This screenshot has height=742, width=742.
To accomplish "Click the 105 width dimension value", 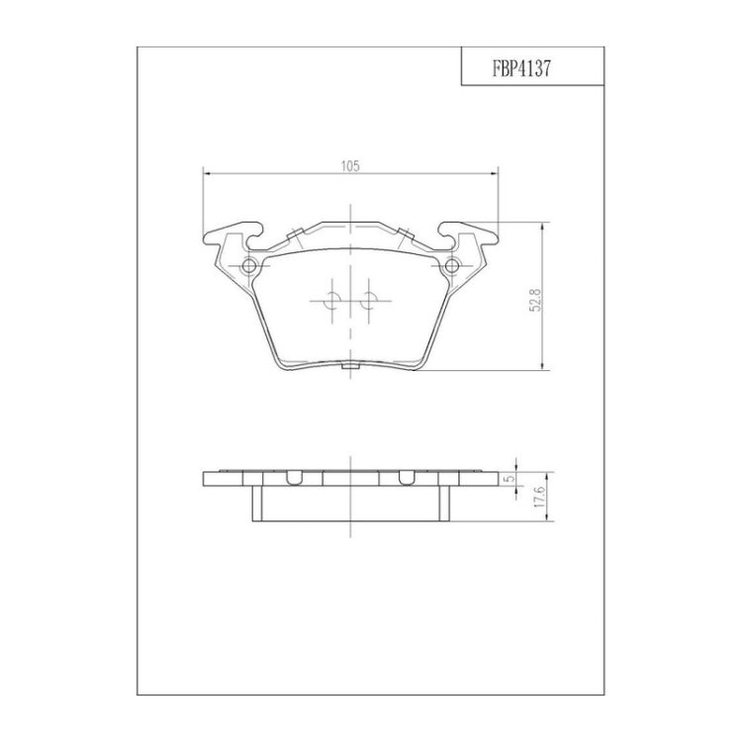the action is coord(350,166).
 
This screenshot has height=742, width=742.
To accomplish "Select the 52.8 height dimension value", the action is coord(535,301).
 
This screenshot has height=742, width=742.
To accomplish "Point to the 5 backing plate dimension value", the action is coord(510,479).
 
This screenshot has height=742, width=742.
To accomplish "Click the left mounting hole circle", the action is coord(249,266).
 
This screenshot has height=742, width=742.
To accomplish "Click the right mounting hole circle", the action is coord(452,266).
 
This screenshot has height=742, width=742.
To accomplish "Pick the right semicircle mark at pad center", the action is coord(369,301).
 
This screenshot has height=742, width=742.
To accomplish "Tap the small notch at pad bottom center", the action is coord(350,365).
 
